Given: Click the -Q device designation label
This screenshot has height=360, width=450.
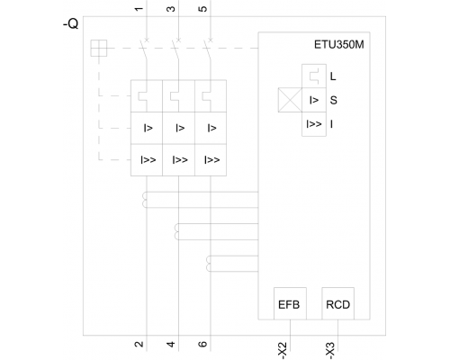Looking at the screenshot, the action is pyautogui.click(x=71, y=23).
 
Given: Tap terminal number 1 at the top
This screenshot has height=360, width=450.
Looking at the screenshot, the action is pyautogui.click(x=139, y=9).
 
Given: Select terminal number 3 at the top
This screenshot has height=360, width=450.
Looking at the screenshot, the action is pyautogui.click(x=171, y=9).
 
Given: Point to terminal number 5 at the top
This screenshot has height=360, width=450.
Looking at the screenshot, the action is pyautogui.click(x=203, y=9).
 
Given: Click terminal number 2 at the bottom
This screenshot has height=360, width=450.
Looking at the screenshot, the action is pyautogui.click(x=139, y=344).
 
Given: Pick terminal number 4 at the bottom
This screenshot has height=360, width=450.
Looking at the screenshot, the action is pyautogui.click(x=171, y=344).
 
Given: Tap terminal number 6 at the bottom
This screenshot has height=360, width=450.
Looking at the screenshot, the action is pyautogui.click(x=203, y=344).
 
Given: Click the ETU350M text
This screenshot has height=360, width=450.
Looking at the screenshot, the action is pyautogui.click(x=339, y=45).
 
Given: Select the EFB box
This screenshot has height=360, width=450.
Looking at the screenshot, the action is pyautogui.click(x=290, y=303).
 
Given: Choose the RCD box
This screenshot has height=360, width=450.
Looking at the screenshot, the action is pyautogui.click(x=338, y=303).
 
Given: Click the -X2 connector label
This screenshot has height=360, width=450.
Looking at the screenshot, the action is pyautogui.click(x=283, y=350).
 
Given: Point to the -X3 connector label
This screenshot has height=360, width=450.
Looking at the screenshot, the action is pyautogui.click(x=330, y=350).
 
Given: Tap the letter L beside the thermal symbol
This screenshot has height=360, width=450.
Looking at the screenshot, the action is pyautogui.click(x=333, y=76).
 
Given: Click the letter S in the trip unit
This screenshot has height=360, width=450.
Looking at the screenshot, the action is pyautogui.click(x=333, y=100).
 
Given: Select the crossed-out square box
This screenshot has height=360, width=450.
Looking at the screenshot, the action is pyautogui.click(x=290, y=100).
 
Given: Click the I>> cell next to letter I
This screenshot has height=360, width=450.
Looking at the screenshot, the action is pyautogui.click(x=314, y=124).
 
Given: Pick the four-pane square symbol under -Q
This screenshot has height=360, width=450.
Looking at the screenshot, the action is pyautogui.click(x=99, y=48).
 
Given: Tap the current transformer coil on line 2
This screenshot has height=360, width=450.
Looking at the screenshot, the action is pyautogui.click(x=145, y=200).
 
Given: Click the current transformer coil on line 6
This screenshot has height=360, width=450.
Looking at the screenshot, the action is pyautogui.click(x=209, y=264).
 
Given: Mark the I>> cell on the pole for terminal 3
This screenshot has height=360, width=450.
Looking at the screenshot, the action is pyautogui.click(x=178, y=160).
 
